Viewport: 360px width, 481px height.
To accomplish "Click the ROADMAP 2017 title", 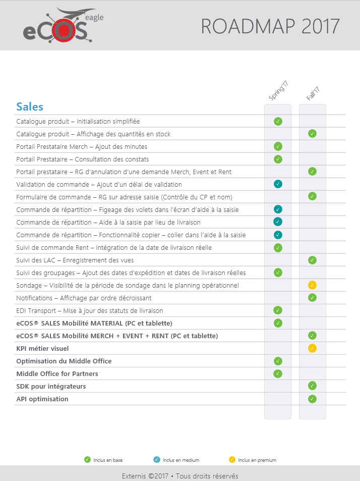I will (270, 26).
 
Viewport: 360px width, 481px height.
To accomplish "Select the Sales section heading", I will (30, 106).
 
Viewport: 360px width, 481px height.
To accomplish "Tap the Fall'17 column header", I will (313, 93).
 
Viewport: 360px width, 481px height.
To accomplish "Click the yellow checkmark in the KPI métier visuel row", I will (312, 348).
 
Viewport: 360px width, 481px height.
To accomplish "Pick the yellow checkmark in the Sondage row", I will (312, 285).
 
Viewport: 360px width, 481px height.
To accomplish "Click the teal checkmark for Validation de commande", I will (278, 184).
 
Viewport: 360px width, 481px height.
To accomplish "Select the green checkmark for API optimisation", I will (312, 399).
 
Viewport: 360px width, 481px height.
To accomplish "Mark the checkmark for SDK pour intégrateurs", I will (312, 386).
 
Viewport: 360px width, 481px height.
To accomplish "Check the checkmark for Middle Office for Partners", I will (278, 373).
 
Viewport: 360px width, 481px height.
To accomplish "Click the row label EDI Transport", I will (89, 310).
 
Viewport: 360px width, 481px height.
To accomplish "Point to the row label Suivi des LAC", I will (75, 260).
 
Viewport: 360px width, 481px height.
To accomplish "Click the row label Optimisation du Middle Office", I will (64, 361).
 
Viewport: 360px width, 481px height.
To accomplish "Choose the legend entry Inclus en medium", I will (176, 460).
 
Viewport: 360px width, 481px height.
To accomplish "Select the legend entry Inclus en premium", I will (252, 460).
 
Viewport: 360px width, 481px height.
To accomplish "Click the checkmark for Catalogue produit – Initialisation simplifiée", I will (278, 121).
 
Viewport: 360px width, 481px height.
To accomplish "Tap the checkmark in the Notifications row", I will (312, 298).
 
